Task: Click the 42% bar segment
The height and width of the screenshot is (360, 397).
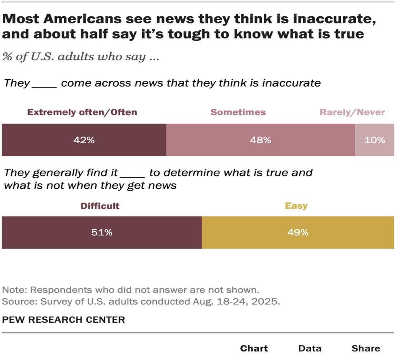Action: tap(84, 140)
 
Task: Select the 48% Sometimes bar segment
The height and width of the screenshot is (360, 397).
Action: tap(261, 140)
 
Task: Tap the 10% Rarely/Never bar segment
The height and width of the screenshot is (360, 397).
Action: tap(375, 140)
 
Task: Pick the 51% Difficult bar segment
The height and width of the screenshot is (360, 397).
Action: tap(102, 232)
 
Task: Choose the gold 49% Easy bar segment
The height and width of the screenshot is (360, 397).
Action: tap(298, 232)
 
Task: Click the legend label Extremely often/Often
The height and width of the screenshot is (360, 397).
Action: tap(82, 112)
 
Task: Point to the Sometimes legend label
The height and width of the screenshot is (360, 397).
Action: tap(238, 112)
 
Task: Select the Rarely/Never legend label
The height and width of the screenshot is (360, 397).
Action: tap(352, 112)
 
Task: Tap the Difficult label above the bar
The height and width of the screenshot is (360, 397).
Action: tap(100, 206)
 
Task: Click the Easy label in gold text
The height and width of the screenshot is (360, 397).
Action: tap(296, 206)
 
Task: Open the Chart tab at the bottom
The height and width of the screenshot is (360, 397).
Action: tap(254, 348)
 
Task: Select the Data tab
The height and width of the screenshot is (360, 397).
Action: tap(310, 348)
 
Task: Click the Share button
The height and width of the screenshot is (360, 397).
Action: tap(366, 348)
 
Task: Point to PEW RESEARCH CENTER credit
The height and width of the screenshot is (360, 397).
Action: tap(64, 320)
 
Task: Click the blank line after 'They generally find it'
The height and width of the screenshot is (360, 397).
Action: tap(133, 173)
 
